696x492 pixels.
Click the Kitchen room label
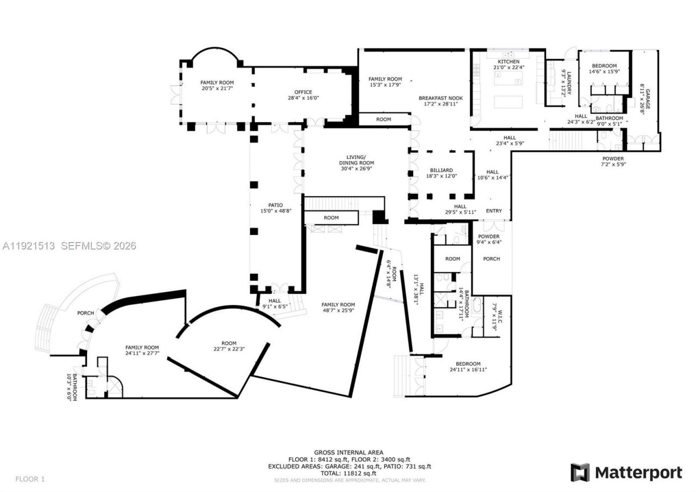[509, 61]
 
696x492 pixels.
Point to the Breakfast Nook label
[440, 98]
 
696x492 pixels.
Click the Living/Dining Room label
[356, 160]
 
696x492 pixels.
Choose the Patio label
[276, 205]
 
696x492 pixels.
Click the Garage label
[648, 99]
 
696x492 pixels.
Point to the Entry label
[494, 211]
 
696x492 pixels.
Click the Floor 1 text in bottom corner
[30, 479]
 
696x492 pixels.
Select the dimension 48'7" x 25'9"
[338, 311]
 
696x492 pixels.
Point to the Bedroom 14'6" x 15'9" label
[604, 68]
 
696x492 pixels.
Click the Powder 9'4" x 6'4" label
[489, 239]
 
